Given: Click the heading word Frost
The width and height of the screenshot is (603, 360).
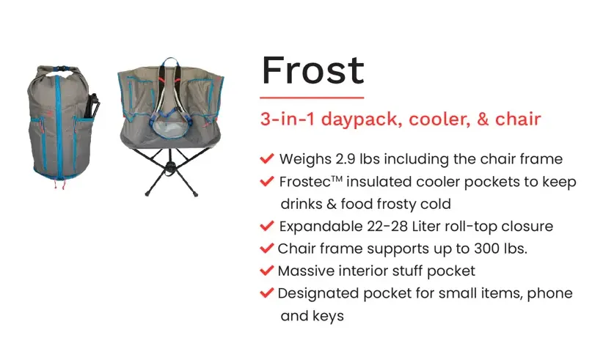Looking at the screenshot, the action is pyautogui.click(x=313, y=70).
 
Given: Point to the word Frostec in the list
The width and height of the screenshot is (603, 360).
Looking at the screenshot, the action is pyautogui.click(x=305, y=182).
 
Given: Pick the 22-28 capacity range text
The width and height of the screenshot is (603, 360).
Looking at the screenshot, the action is pyautogui.click(x=387, y=227).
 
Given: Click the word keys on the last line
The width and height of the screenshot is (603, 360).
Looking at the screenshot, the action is pyautogui.click(x=328, y=316).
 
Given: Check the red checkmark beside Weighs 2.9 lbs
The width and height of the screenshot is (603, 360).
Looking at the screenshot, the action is pyautogui.click(x=267, y=158).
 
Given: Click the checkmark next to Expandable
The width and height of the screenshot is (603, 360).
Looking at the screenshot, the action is pyautogui.click(x=267, y=226).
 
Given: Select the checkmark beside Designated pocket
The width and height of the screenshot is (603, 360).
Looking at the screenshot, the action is pyautogui.click(x=267, y=293).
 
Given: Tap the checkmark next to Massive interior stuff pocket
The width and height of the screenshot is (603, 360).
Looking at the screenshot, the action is pyautogui.click(x=267, y=271).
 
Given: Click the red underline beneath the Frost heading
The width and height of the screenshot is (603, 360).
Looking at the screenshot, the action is pyautogui.click(x=312, y=98).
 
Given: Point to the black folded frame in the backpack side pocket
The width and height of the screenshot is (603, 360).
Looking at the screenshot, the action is pyautogui.click(x=93, y=106).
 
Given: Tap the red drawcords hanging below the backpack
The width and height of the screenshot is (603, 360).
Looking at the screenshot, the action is pyautogui.click(x=59, y=184).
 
